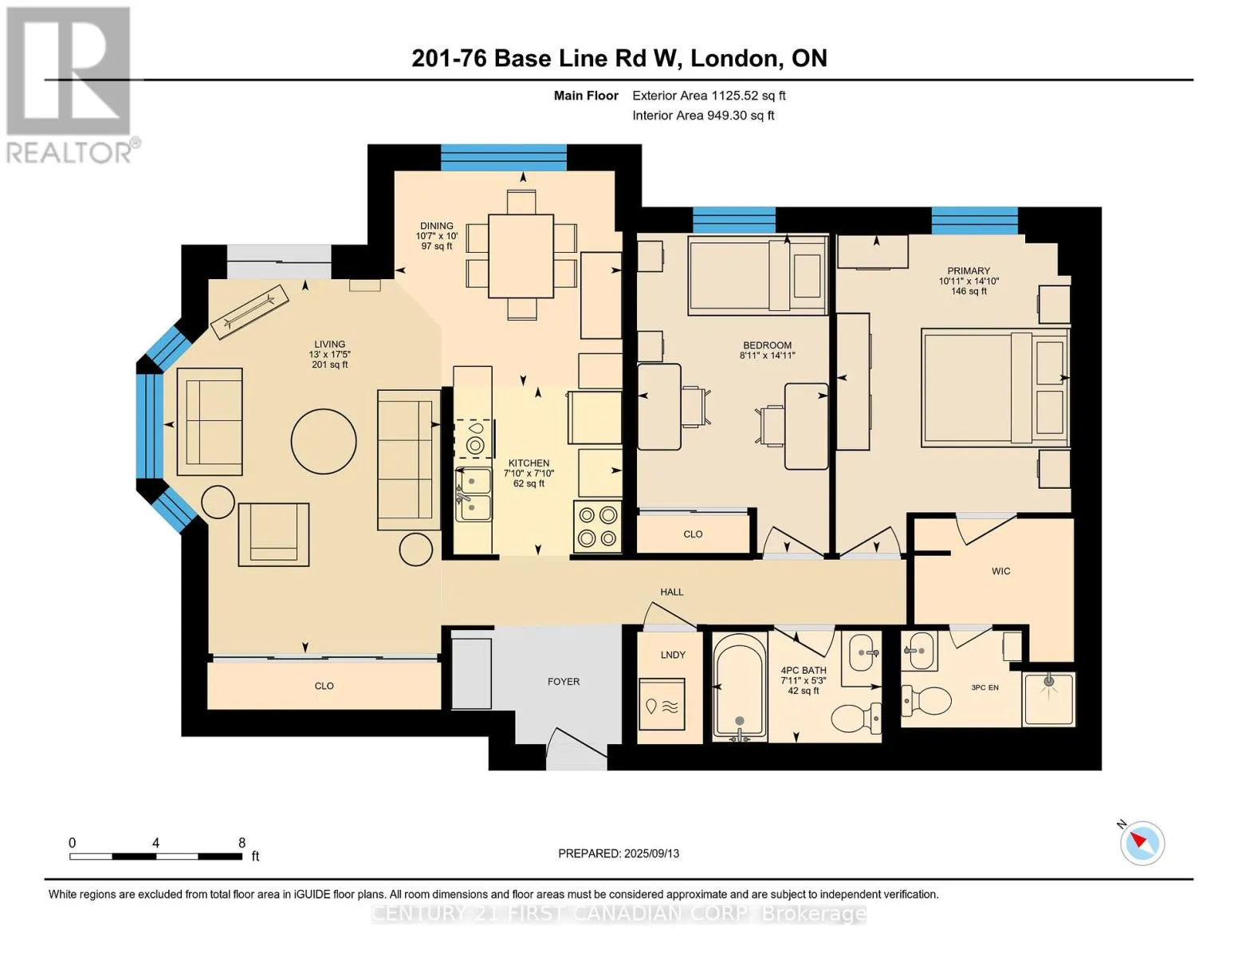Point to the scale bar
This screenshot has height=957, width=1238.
pos(156,856)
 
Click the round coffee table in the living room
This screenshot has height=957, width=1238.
pos(324,441)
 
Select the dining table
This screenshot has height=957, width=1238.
pos(521,256)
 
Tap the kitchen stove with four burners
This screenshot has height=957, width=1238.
pos(598,526)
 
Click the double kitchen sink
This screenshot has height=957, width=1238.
pos(474,494)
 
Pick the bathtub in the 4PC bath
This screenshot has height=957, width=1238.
pos(740,688)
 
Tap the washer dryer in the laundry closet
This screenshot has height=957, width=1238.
pos(662,704)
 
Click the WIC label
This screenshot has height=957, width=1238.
pos(1001,571)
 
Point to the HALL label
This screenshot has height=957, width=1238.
pos(672,593)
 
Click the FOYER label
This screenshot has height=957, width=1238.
pos(564,682)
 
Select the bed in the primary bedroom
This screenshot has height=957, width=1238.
pos(995,388)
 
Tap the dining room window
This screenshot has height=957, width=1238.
pos(504,158)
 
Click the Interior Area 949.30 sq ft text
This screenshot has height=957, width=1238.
pos(704,116)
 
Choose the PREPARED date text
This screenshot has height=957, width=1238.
pos(619,854)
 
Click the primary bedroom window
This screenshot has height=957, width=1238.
pos(975,221)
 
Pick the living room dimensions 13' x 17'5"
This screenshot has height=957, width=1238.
pos(330,355)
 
